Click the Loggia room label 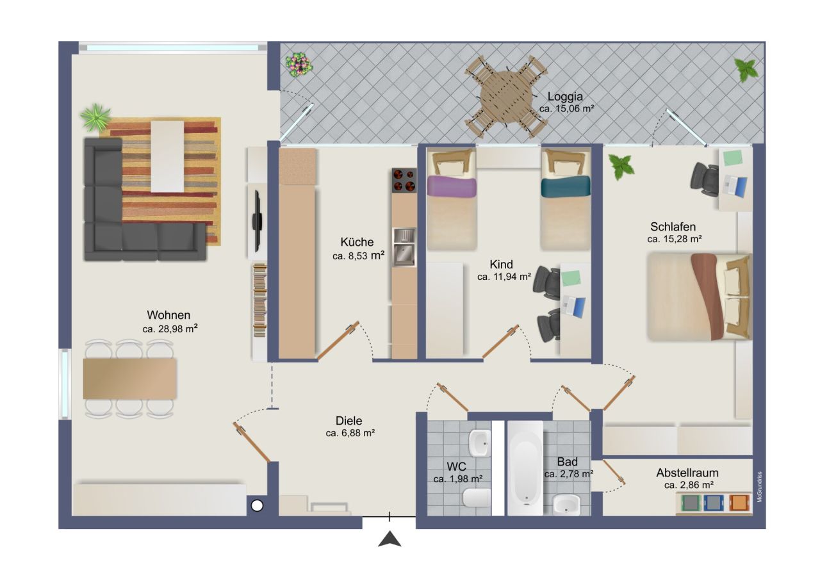coord(565,97)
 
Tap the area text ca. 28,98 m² coord(170,329)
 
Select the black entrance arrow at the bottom coord(389,539)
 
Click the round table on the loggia coord(506,97)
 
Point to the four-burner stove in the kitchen coord(404,180)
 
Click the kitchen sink coord(404,247)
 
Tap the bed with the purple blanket coord(452,199)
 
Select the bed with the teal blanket coord(565,199)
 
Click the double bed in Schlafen coord(698,296)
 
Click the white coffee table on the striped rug coord(167,156)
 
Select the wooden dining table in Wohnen coord(129,378)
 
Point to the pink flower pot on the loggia coord(299,64)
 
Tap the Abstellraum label coord(687,473)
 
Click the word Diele coord(349,421)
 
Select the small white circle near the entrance coord(257,505)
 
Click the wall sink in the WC coord(479,441)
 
